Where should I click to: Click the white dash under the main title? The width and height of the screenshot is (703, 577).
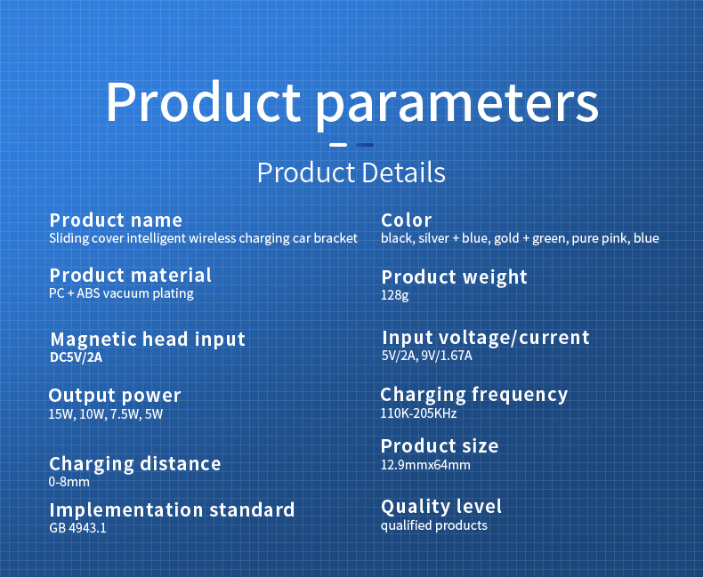click(x=338, y=145)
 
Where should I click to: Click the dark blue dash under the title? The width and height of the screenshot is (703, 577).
click(x=365, y=145)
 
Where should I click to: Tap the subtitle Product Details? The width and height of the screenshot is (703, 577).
click(x=351, y=172)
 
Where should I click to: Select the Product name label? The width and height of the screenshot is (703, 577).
click(x=116, y=220)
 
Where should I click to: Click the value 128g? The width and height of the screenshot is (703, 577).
click(x=394, y=295)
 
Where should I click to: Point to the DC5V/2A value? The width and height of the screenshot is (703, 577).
click(x=77, y=357)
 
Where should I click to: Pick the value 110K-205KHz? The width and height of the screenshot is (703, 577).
click(x=418, y=413)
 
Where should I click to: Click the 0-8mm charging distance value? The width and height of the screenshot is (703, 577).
click(x=69, y=482)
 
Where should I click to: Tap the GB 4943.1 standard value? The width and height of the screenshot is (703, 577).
click(x=77, y=528)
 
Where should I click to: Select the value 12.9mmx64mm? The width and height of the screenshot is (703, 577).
click(x=425, y=465)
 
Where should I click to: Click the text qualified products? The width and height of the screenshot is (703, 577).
click(x=434, y=525)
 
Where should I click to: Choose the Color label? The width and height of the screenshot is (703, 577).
click(x=406, y=220)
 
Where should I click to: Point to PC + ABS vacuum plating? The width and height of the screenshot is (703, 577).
click(x=121, y=293)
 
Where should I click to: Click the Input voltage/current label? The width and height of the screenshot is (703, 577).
click(x=486, y=338)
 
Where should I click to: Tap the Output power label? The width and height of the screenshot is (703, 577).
click(x=114, y=396)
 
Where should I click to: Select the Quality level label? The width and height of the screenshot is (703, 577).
click(x=441, y=507)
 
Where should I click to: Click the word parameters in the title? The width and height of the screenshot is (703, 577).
click(x=457, y=102)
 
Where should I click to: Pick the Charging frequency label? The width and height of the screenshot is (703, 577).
click(x=474, y=395)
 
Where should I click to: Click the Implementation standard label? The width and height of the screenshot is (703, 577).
click(x=172, y=509)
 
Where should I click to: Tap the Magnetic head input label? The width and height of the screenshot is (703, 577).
click(x=148, y=339)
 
